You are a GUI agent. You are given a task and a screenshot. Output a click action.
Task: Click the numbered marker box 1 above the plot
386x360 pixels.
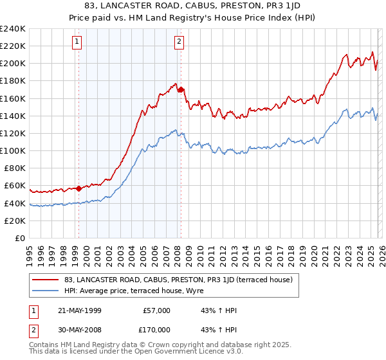coord(77,42)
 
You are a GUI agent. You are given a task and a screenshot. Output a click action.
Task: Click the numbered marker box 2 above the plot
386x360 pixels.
coord(179,42)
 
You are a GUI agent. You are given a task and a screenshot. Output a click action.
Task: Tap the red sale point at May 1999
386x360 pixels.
coord(78,188)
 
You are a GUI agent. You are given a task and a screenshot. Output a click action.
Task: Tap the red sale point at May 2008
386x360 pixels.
coord(181,89)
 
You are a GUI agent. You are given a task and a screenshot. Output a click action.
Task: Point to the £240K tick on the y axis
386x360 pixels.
coord(13,29)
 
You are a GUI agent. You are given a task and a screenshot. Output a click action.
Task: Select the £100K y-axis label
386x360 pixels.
coord(13,150)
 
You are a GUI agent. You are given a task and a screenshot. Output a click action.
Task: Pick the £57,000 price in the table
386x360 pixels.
coord(156,310)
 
